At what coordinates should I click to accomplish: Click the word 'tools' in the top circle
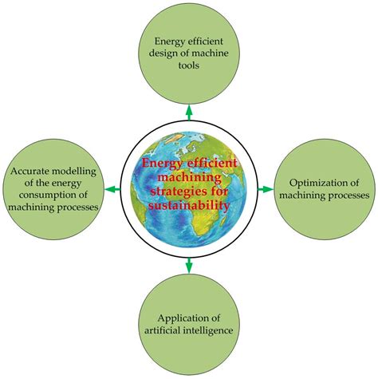tap(189, 66)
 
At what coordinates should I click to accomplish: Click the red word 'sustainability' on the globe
tap(190, 205)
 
